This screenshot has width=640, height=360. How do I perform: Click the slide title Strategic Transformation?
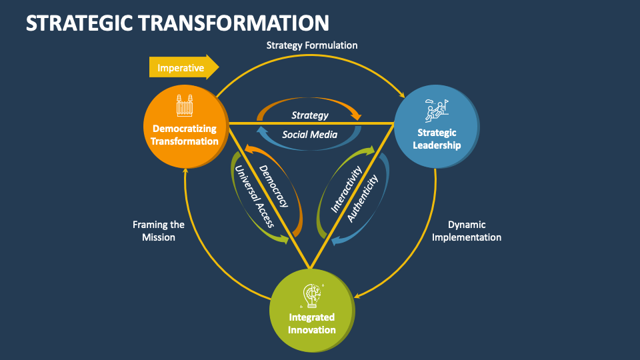177,23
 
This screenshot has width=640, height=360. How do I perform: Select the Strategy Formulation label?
312,45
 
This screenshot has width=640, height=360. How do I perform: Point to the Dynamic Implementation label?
466,231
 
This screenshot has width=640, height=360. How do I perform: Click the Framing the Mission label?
159,231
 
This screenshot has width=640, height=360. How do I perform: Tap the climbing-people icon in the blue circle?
436,109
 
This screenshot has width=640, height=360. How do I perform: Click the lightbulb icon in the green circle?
311,294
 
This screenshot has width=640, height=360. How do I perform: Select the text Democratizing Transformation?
185,134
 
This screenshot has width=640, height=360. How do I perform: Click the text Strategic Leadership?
437,139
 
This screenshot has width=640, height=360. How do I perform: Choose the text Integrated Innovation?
311,323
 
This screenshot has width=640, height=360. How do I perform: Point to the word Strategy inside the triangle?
310,115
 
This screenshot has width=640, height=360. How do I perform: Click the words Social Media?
309,135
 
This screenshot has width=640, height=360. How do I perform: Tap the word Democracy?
273,186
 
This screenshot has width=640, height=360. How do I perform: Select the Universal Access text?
253,197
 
